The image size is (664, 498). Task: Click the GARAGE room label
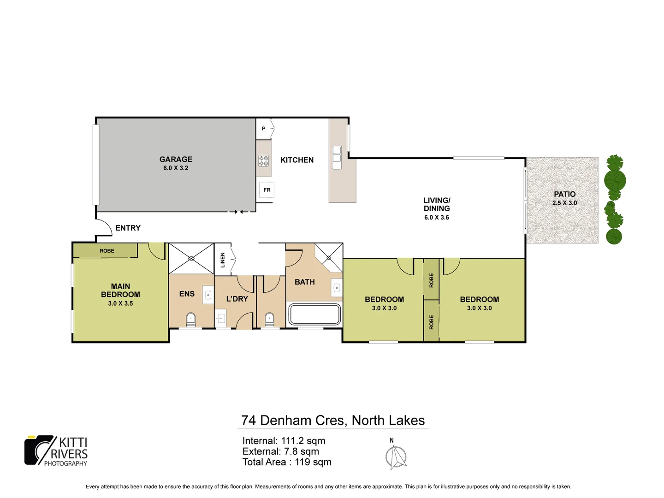(x=176, y=159)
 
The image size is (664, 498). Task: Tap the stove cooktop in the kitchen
(x=263, y=161)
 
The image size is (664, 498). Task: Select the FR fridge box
(x=267, y=190)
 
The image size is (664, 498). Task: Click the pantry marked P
(x=264, y=129)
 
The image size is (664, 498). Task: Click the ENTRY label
(x=128, y=228)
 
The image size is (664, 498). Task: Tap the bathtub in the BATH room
(x=314, y=314)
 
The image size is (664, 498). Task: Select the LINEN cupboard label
(x=223, y=260)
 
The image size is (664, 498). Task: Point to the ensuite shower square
(x=191, y=259)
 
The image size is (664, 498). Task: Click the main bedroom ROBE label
(x=107, y=251)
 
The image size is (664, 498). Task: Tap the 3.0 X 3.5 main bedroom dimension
(x=120, y=303)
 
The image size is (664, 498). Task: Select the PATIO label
(x=564, y=194)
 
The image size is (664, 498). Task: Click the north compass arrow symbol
(x=396, y=457)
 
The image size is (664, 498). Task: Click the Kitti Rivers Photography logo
(x=56, y=451)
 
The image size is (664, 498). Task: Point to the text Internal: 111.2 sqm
(x=284, y=441)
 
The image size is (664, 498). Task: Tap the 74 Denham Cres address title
(x=333, y=420)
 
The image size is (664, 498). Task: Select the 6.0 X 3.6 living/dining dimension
(x=436, y=217)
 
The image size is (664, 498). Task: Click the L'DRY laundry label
(x=237, y=299)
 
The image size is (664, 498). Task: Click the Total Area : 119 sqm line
(x=287, y=462)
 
